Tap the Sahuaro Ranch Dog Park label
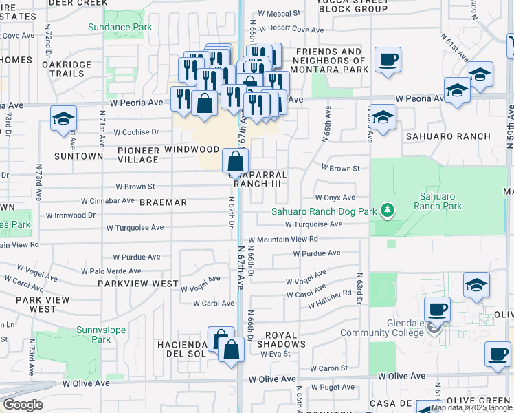pos(324,211)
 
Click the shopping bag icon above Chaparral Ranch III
pos(235,162)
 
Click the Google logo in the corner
pos(23,405)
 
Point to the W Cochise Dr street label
pos(136,131)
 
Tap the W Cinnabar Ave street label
pos(107,201)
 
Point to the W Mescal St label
pos(278,13)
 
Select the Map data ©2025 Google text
pos(472,407)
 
